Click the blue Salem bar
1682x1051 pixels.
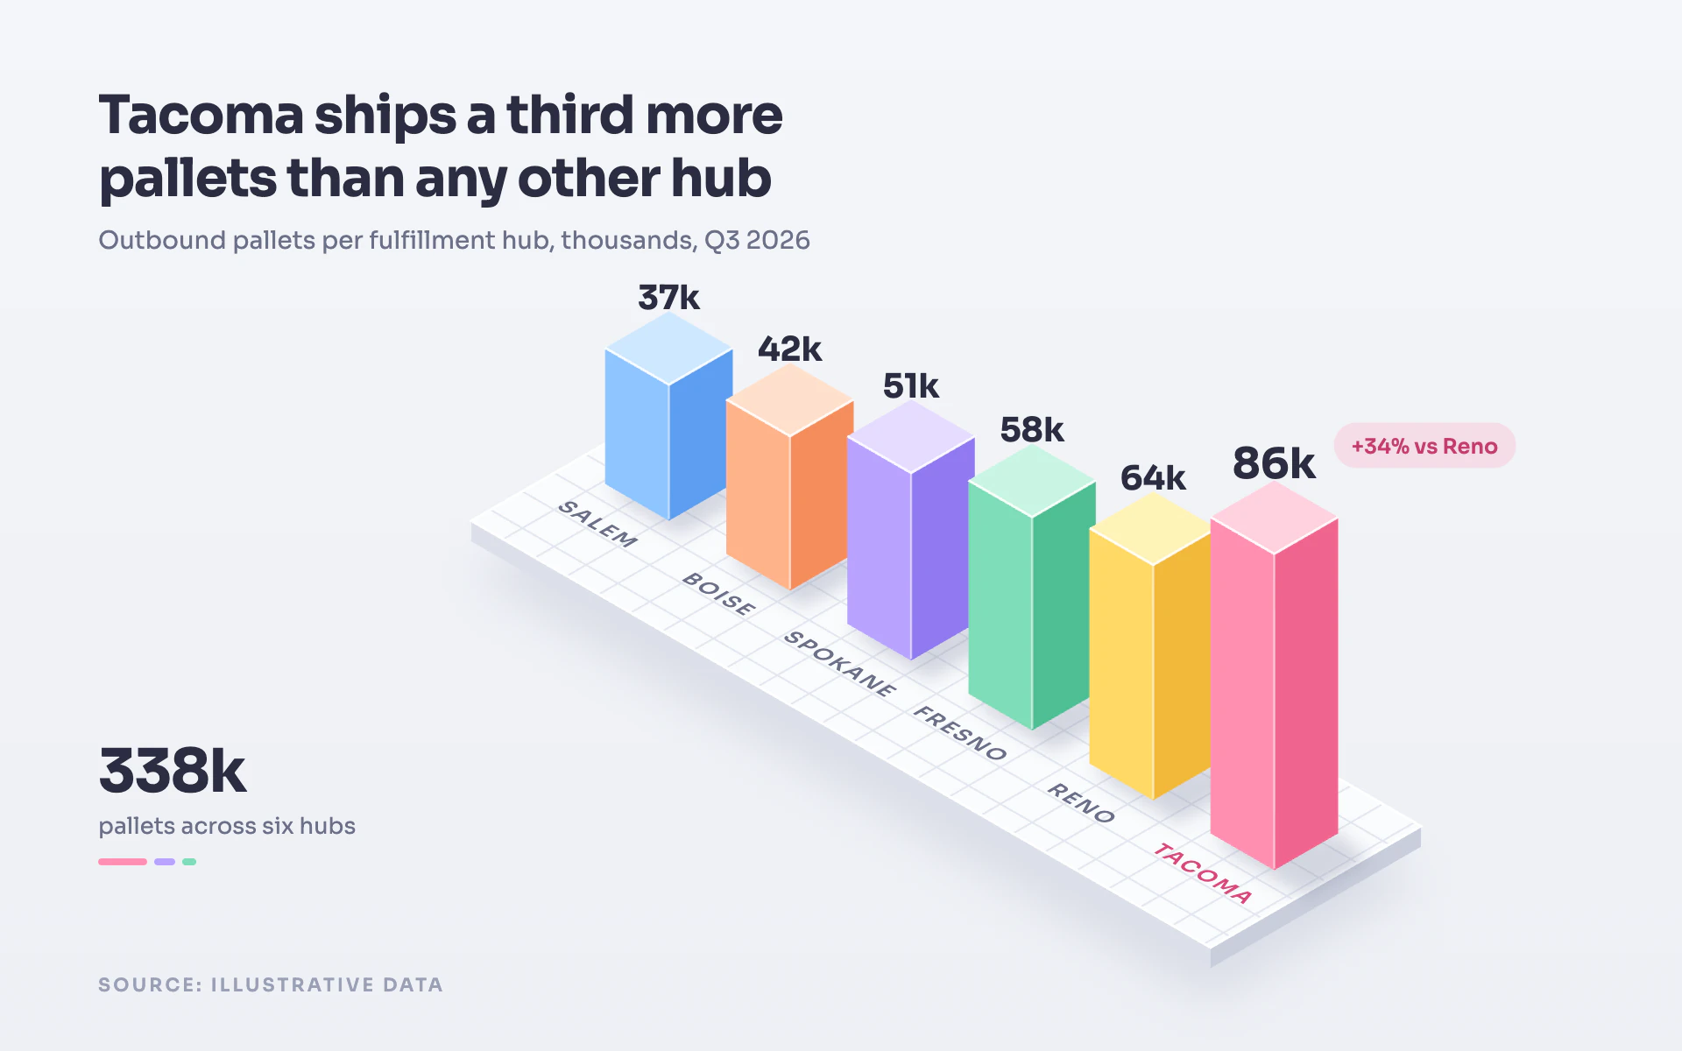coord(669,417)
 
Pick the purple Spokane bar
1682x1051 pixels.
coord(911,530)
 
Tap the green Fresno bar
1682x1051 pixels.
coord(1032,587)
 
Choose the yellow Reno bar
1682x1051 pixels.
coord(1153,645)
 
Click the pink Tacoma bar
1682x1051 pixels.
coord(1274,675)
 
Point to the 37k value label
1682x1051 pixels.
coord(668,298)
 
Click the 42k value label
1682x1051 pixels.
coord(789,349)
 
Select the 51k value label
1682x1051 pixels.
coord(910,386)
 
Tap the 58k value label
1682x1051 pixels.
coord(1031,430)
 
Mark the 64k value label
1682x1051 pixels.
coord(1152,478)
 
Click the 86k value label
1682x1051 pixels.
coord(1274,463)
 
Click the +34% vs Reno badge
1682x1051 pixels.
coord(1424,446)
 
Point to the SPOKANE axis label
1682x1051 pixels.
coord(840,663)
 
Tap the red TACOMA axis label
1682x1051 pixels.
coord(1202,872)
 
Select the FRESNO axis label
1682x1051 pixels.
coord(960,732)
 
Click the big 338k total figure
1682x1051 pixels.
coord(173,771)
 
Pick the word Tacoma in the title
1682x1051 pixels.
coord(201,116)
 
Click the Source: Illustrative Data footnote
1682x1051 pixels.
coord(271,984)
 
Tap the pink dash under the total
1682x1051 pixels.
coord(123,862)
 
